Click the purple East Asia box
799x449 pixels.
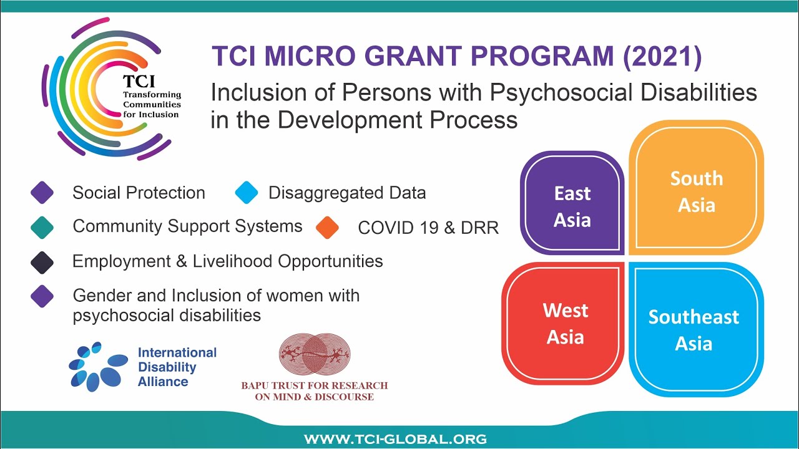(572, 206)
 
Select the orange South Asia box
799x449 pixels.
(696, 191)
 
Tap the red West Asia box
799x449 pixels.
(565, 323)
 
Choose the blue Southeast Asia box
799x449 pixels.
(694, 329)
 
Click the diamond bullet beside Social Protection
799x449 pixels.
(42, 193)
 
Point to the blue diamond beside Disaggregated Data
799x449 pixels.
(247, 193)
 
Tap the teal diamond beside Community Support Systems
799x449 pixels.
(42, 227)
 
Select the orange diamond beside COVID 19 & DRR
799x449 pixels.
(327, 228)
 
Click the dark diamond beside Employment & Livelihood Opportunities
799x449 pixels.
(42, 262)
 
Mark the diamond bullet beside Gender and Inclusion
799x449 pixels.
(42, 296)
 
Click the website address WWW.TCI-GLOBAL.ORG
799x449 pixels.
(395, 439)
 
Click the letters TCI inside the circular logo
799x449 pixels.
(139, 82)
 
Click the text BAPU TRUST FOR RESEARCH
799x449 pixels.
(314, 385)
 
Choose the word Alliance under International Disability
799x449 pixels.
(163, 381)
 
